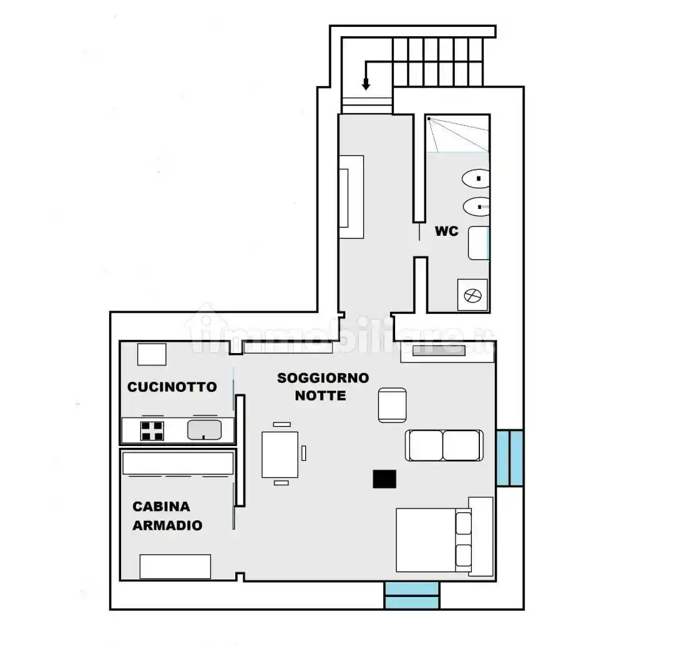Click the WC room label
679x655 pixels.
(x=446, y=231)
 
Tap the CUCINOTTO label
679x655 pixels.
(x=172, y=387)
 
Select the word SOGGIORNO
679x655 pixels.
(x=323, y=378)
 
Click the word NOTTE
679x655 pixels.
(x=320, y=395)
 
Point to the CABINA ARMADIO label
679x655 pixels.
(x=168, y=516)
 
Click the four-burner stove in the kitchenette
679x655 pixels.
(x=152, y=431)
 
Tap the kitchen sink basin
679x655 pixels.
(x=205, y=430)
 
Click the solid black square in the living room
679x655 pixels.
(x=384, y=479)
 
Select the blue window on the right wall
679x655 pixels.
(x=510, y=458)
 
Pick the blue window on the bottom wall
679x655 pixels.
(x=412, y=595)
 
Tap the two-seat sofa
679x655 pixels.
(x=444, y=445)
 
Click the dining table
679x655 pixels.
(x=280, y=455)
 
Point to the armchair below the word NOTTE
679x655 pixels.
(x=393, y=405)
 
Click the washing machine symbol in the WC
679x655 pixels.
(x=472, y=295)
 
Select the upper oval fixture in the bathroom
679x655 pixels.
(x=476, y=178)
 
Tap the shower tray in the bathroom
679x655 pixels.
(x=457, y=133)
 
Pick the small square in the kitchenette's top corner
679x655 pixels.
(x=152, y=354)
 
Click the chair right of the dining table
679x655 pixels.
(x=303, y=454)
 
